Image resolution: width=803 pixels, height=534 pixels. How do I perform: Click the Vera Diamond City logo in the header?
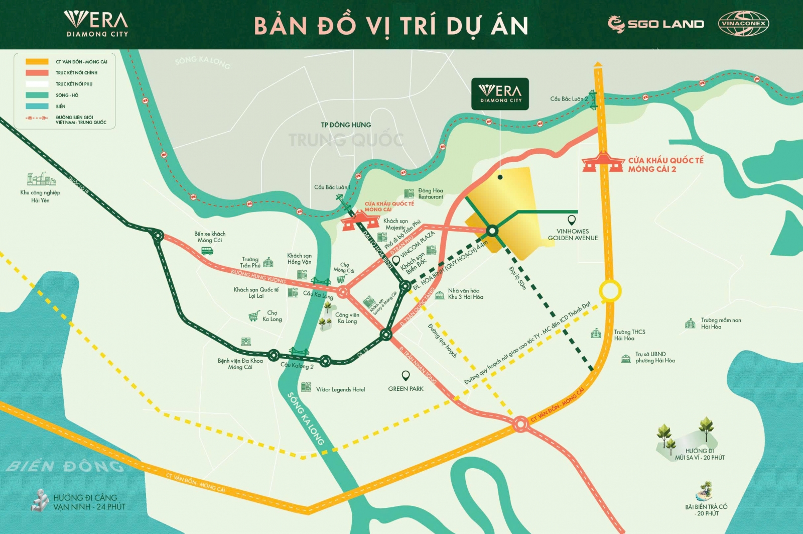point(96,24)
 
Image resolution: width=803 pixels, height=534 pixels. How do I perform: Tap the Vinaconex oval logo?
point(743,24)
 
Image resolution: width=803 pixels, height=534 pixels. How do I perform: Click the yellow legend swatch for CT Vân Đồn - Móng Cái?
point(37,62)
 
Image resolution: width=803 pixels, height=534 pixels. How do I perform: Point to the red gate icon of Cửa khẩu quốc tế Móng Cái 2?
point(602,162)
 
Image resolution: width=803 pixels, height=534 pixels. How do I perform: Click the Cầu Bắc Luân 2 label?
point(568,99)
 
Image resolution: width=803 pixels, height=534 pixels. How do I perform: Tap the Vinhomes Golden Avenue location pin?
point(571,220)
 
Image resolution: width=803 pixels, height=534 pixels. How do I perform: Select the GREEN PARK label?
point(406,389)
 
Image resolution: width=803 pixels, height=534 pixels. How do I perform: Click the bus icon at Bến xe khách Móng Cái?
point(207,250)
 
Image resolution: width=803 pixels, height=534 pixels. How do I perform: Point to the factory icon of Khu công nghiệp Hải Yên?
point(40,179)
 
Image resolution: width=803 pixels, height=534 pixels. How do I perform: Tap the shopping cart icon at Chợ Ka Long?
point(254,316)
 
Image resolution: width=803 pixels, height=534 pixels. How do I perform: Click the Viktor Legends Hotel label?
point(340,389)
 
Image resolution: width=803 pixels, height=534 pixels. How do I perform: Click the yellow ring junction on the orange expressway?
point(610,290)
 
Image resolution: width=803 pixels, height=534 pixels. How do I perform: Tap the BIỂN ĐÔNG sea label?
point(65,466)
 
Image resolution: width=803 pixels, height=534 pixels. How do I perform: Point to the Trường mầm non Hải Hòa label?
point(720,324)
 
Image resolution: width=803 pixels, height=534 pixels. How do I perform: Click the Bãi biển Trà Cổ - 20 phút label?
point(706,510)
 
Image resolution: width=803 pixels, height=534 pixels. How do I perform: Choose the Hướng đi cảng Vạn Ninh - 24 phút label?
point(89,502)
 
